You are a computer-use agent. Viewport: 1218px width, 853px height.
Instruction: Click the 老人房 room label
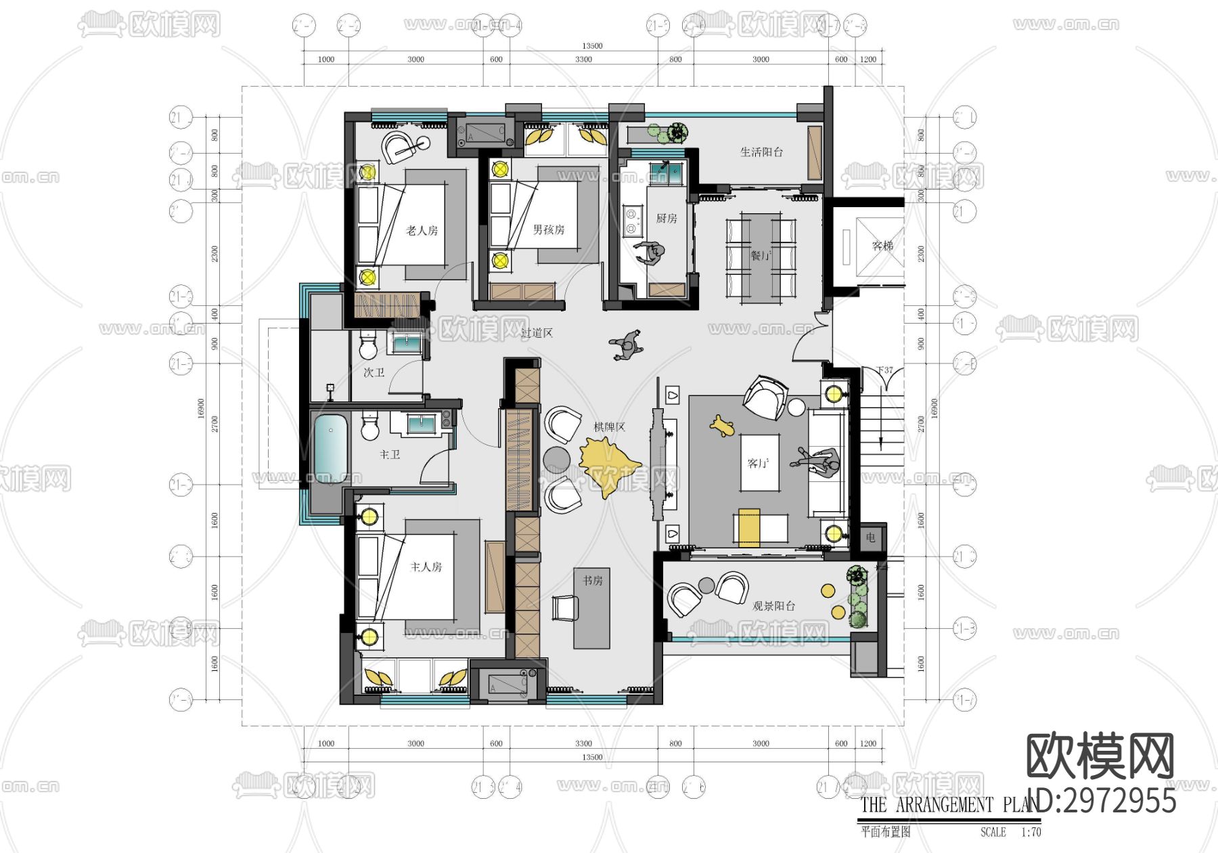[x=422, y=231]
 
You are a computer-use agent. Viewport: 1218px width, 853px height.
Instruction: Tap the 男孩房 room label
[x=548, y=230]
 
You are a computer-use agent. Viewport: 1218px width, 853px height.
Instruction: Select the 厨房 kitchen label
[x=666, y=218]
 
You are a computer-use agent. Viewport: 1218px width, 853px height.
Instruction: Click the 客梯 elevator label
[x=882, y=246]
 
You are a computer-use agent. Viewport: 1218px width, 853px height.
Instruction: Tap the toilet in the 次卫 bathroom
[x=368, y=347]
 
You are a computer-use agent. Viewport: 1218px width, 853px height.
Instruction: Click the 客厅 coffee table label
[x=759, y=464]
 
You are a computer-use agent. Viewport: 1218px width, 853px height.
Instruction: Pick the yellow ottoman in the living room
[x=748, y=527]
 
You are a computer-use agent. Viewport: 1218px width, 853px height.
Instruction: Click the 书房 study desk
[x=592, y=608]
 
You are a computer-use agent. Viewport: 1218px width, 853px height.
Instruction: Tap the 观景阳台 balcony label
[x=773, y=606]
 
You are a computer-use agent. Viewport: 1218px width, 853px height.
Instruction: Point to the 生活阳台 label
[x=761, y=152]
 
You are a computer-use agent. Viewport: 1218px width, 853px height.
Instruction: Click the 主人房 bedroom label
[x=426, y=567]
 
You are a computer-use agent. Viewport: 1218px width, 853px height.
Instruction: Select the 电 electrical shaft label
[x=870, y=538]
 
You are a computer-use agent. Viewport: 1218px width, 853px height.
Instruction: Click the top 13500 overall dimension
[x=592, y=46]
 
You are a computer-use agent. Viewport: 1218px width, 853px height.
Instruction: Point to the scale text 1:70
[x=1031, y=832]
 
